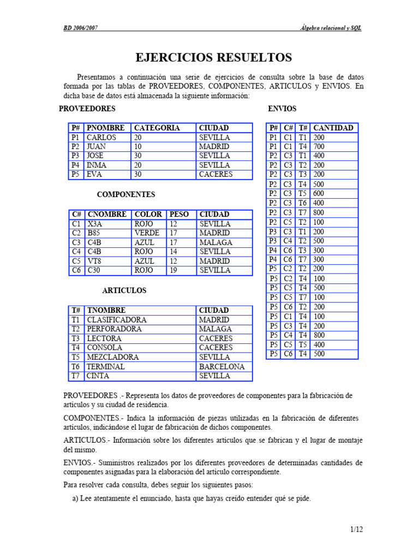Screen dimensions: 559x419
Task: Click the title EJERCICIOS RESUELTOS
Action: pos(213,57)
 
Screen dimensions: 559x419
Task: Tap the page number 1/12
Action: pos(356,529)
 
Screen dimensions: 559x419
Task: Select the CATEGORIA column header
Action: pos(157,128)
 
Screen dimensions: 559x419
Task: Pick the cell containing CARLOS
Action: pos(101,138)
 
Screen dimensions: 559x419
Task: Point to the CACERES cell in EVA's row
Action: pos(216,175)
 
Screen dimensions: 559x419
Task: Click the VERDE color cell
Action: pos(147,233)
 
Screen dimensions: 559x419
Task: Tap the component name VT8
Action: pos(94,261)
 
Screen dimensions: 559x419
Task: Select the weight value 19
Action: pos(173,270)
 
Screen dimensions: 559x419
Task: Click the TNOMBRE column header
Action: pos(106,310)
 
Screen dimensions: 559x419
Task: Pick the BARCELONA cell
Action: pos(222,367)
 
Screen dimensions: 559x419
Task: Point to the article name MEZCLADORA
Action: pos(113,357)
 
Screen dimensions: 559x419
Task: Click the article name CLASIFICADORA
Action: pos(116,320)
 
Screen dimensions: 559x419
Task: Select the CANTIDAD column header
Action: pos(333,128)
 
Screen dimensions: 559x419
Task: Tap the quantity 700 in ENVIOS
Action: pos(319,147)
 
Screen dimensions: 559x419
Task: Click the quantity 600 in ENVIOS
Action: pos(319,193)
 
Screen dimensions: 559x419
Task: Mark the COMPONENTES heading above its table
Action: pos(126,194)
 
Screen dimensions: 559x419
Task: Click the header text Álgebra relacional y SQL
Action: pos(331,28)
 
